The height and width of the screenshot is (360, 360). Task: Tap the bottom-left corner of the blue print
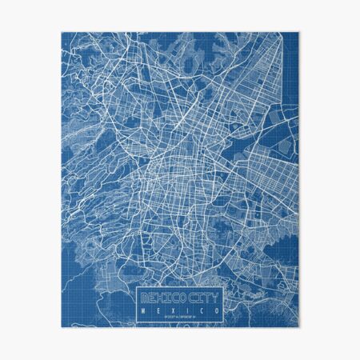[61, 326]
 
